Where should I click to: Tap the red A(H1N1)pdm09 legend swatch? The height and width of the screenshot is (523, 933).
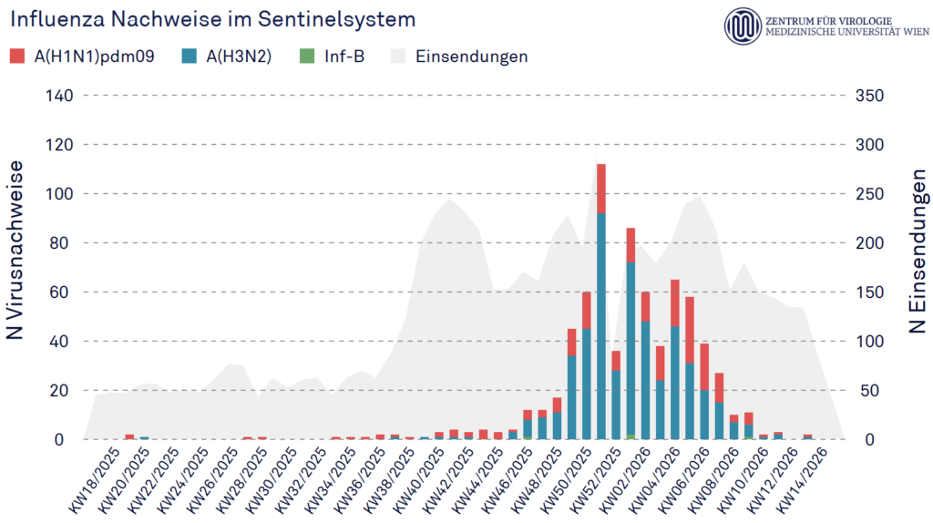(17, 56)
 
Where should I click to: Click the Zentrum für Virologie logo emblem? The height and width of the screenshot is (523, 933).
(743, 26)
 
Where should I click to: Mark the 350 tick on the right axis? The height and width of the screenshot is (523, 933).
(872, 96)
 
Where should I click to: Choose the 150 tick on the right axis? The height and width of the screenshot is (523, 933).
(872, 292)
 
